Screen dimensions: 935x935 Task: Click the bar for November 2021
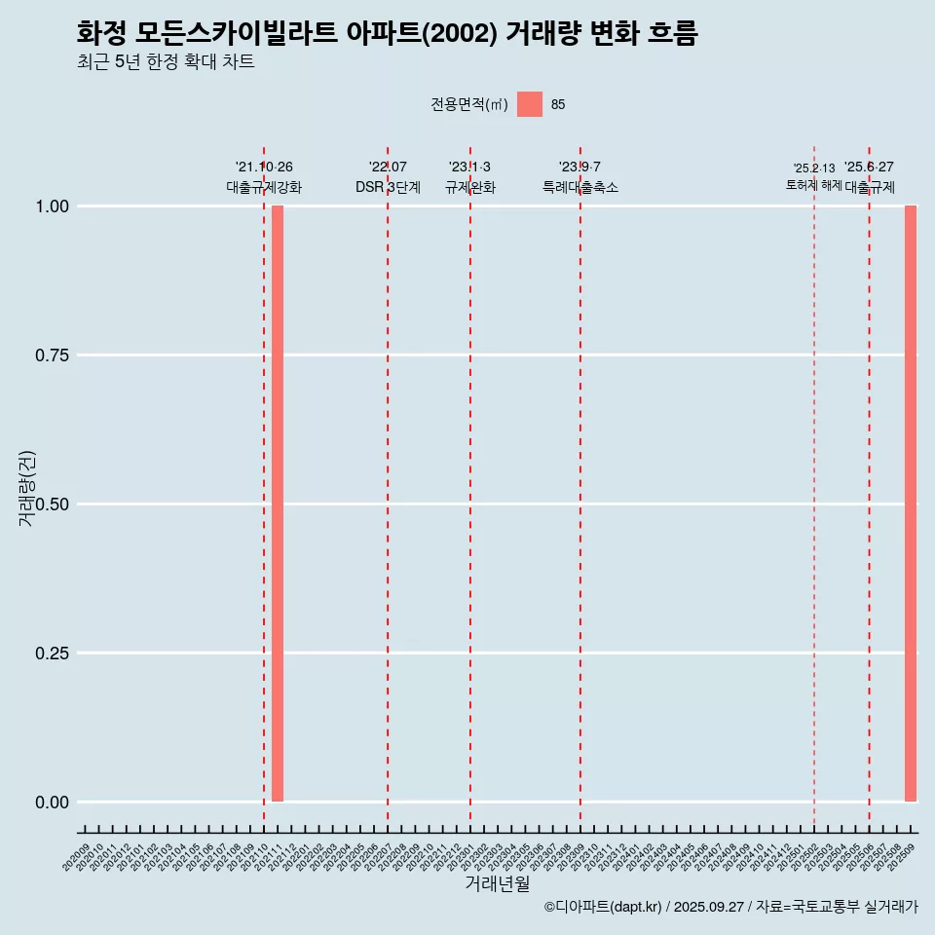click(278, 504)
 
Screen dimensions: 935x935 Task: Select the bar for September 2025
click(911, 504)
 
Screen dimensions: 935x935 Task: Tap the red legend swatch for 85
click(530, 104)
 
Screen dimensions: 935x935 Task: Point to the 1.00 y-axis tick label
click(51, 206)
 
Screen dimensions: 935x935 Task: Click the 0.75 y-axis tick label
click(51, 355)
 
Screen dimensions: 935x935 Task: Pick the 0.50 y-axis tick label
click(51, 505)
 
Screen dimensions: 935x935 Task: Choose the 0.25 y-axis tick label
click(51, 654)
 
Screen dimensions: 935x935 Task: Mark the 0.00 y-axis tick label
click(51, 803)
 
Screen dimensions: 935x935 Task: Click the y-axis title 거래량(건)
click(26, 488)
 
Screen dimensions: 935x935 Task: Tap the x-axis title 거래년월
click(497, 884)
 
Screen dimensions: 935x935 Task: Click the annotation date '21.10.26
click(264, 168)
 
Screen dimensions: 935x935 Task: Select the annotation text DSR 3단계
click(388, 187)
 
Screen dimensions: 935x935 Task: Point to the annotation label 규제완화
click(470, 187)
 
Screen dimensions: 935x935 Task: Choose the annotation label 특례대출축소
click(580, 187)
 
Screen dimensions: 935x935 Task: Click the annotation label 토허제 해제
click(813, 185)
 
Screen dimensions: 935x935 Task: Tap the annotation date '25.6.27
click(869, 168)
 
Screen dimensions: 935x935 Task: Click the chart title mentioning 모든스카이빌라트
click(387, 33)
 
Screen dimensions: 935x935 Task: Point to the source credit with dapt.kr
click(730, 907)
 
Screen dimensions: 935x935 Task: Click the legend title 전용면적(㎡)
click(468, 104)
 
